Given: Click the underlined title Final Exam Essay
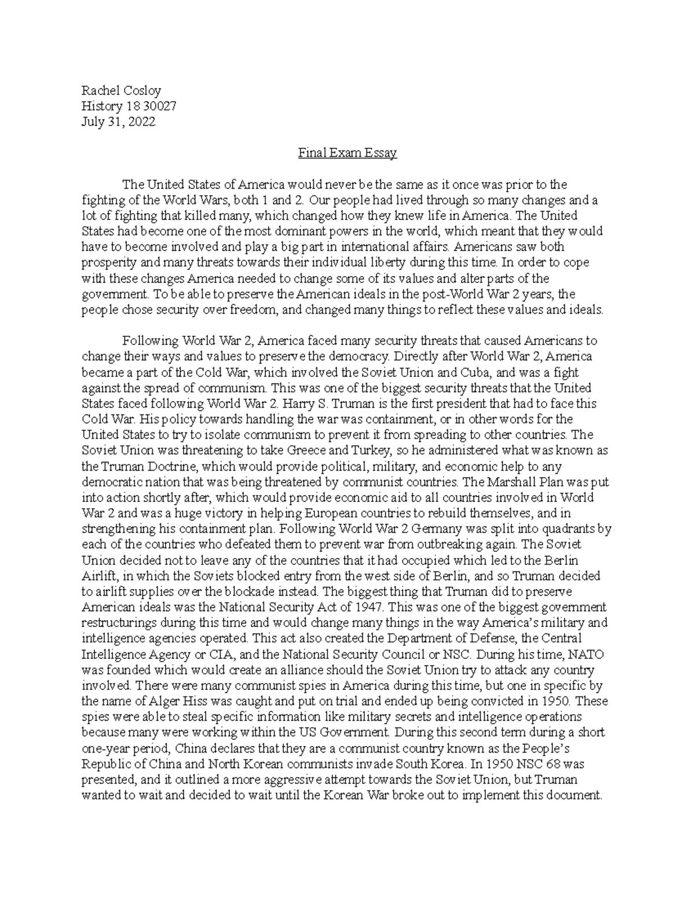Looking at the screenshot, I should point(347,153).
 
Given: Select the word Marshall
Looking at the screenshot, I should point(485,481).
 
